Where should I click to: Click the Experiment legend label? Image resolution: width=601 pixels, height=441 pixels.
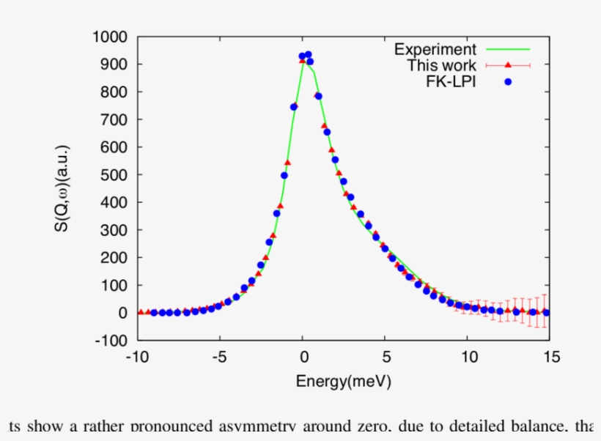(x=435, y=49)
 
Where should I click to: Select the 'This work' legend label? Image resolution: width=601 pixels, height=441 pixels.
(x=441, y=65)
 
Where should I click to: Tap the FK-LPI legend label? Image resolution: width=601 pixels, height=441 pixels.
(x=451, y=81)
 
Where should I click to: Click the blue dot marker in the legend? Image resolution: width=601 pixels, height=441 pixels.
(x=507, y=81)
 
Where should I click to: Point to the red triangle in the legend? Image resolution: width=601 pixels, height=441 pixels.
(x=507, y=65)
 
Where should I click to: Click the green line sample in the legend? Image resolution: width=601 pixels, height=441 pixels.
(x=507, y=49)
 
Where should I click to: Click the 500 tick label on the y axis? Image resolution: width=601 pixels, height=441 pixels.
(x=114, y=175)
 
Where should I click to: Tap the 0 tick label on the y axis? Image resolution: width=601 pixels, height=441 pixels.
(x=122, y=313)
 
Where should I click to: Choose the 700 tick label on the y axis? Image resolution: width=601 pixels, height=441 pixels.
(x=114, y=119)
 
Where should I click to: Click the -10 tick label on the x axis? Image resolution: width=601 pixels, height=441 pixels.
(x=136, y=357)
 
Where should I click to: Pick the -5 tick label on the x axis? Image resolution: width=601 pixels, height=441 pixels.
(x=219, y=357)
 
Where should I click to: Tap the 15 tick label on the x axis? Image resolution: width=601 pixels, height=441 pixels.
(x=552, y=357)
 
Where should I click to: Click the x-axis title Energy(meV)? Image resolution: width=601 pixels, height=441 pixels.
(x=343, y=381)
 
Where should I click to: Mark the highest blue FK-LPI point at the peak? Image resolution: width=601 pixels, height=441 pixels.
(x=308, y=55)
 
